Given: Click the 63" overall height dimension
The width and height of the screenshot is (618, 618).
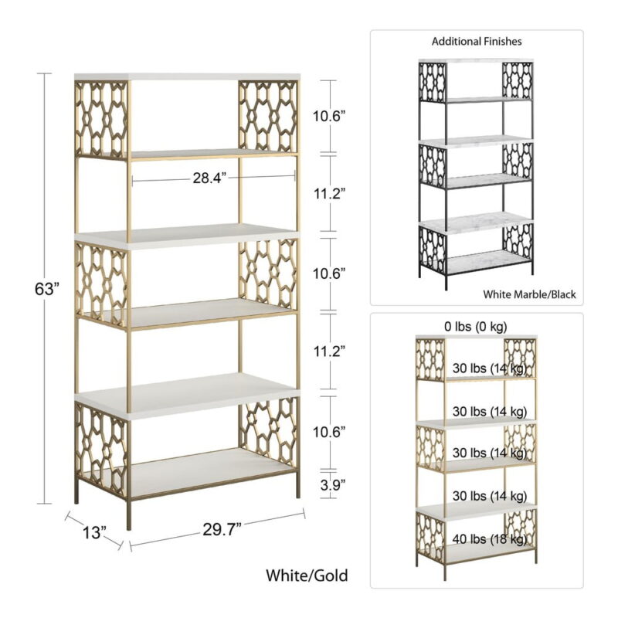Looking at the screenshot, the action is tap(47, 289).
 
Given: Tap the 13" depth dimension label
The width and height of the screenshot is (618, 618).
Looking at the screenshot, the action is tap(94, 532).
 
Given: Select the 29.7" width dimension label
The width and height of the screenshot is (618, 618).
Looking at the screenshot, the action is tap(222, 529).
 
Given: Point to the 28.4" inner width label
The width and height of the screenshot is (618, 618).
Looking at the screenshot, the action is tap(209, 178).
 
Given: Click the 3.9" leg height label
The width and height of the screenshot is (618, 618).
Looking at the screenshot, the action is tap(333, 485).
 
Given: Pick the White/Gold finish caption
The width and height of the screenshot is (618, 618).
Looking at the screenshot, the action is tap(307, 576).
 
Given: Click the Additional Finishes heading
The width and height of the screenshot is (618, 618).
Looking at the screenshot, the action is tap(477, 42).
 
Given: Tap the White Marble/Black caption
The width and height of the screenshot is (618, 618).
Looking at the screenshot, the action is tap(529, 294).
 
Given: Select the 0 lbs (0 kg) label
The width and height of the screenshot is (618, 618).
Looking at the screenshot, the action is tap(476, 326).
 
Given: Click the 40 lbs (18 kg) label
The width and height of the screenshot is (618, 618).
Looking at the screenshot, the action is tap(490, 538).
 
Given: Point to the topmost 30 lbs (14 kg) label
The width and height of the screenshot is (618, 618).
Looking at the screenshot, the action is tap(490, 368).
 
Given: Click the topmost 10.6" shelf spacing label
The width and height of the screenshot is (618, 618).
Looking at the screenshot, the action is tap(329, 117).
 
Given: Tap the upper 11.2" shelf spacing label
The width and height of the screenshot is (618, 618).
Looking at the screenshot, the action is tap(330, 194).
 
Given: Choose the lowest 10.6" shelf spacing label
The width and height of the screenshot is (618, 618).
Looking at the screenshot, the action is tap(329, 432).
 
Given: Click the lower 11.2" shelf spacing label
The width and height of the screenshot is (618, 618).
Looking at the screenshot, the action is tap(330, 351).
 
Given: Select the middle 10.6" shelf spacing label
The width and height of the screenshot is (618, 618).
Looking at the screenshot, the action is tap(329, 273).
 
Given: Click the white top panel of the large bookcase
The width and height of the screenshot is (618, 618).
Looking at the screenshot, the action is tap(187, 76).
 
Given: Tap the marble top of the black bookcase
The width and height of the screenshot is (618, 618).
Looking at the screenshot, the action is tap(476, 61).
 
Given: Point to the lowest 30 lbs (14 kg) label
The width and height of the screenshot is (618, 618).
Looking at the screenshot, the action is tap(490, 495).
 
